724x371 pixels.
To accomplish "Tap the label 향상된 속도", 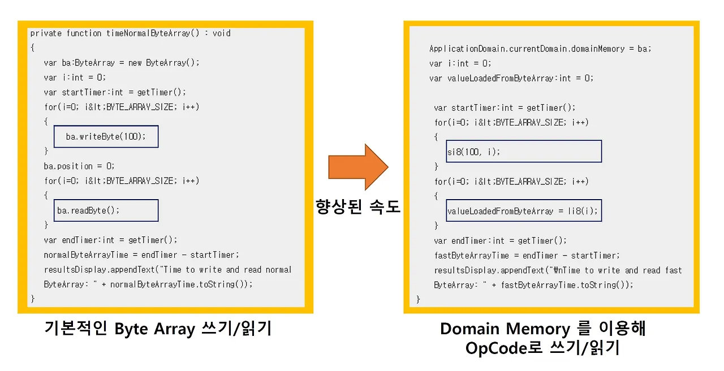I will (x=357, y=208).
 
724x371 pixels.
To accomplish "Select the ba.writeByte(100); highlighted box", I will (x=106, y=136).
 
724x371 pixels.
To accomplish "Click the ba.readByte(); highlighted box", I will (x=106, y=210).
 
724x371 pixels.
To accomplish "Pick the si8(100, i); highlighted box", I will (x=523, y=152).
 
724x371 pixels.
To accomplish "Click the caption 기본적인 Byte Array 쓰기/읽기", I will (x=158, y=329).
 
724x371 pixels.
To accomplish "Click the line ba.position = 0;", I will (x=79, y=166).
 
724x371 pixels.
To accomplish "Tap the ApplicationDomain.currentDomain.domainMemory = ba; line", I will (x=540, y=49).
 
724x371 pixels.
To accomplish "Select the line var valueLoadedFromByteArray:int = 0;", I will (x=511, y=78).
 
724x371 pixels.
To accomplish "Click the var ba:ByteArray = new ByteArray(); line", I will (x=122, y=63).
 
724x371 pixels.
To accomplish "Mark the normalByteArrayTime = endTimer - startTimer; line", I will (x=141, y=254).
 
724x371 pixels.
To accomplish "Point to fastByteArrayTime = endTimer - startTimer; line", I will (x=527, y=256).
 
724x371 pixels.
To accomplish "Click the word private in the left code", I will (x=46, y=33).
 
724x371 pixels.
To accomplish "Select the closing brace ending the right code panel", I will (x=419, y=299).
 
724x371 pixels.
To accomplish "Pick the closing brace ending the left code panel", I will (x=33, y=299).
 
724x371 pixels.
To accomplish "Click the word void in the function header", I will (x=221, y=33).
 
